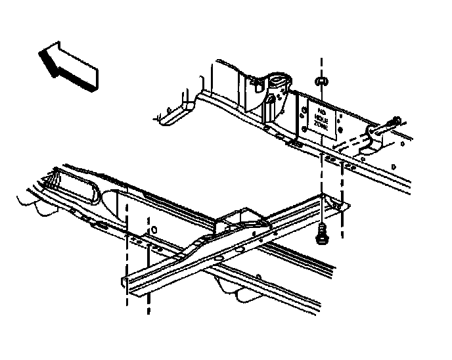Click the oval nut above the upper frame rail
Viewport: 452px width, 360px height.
coord(322,81)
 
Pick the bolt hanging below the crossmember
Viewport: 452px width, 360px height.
coord(323,233)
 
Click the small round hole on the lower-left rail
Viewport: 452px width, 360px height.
coord(153,231)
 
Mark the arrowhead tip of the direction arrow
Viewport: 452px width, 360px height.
coord(40,54)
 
